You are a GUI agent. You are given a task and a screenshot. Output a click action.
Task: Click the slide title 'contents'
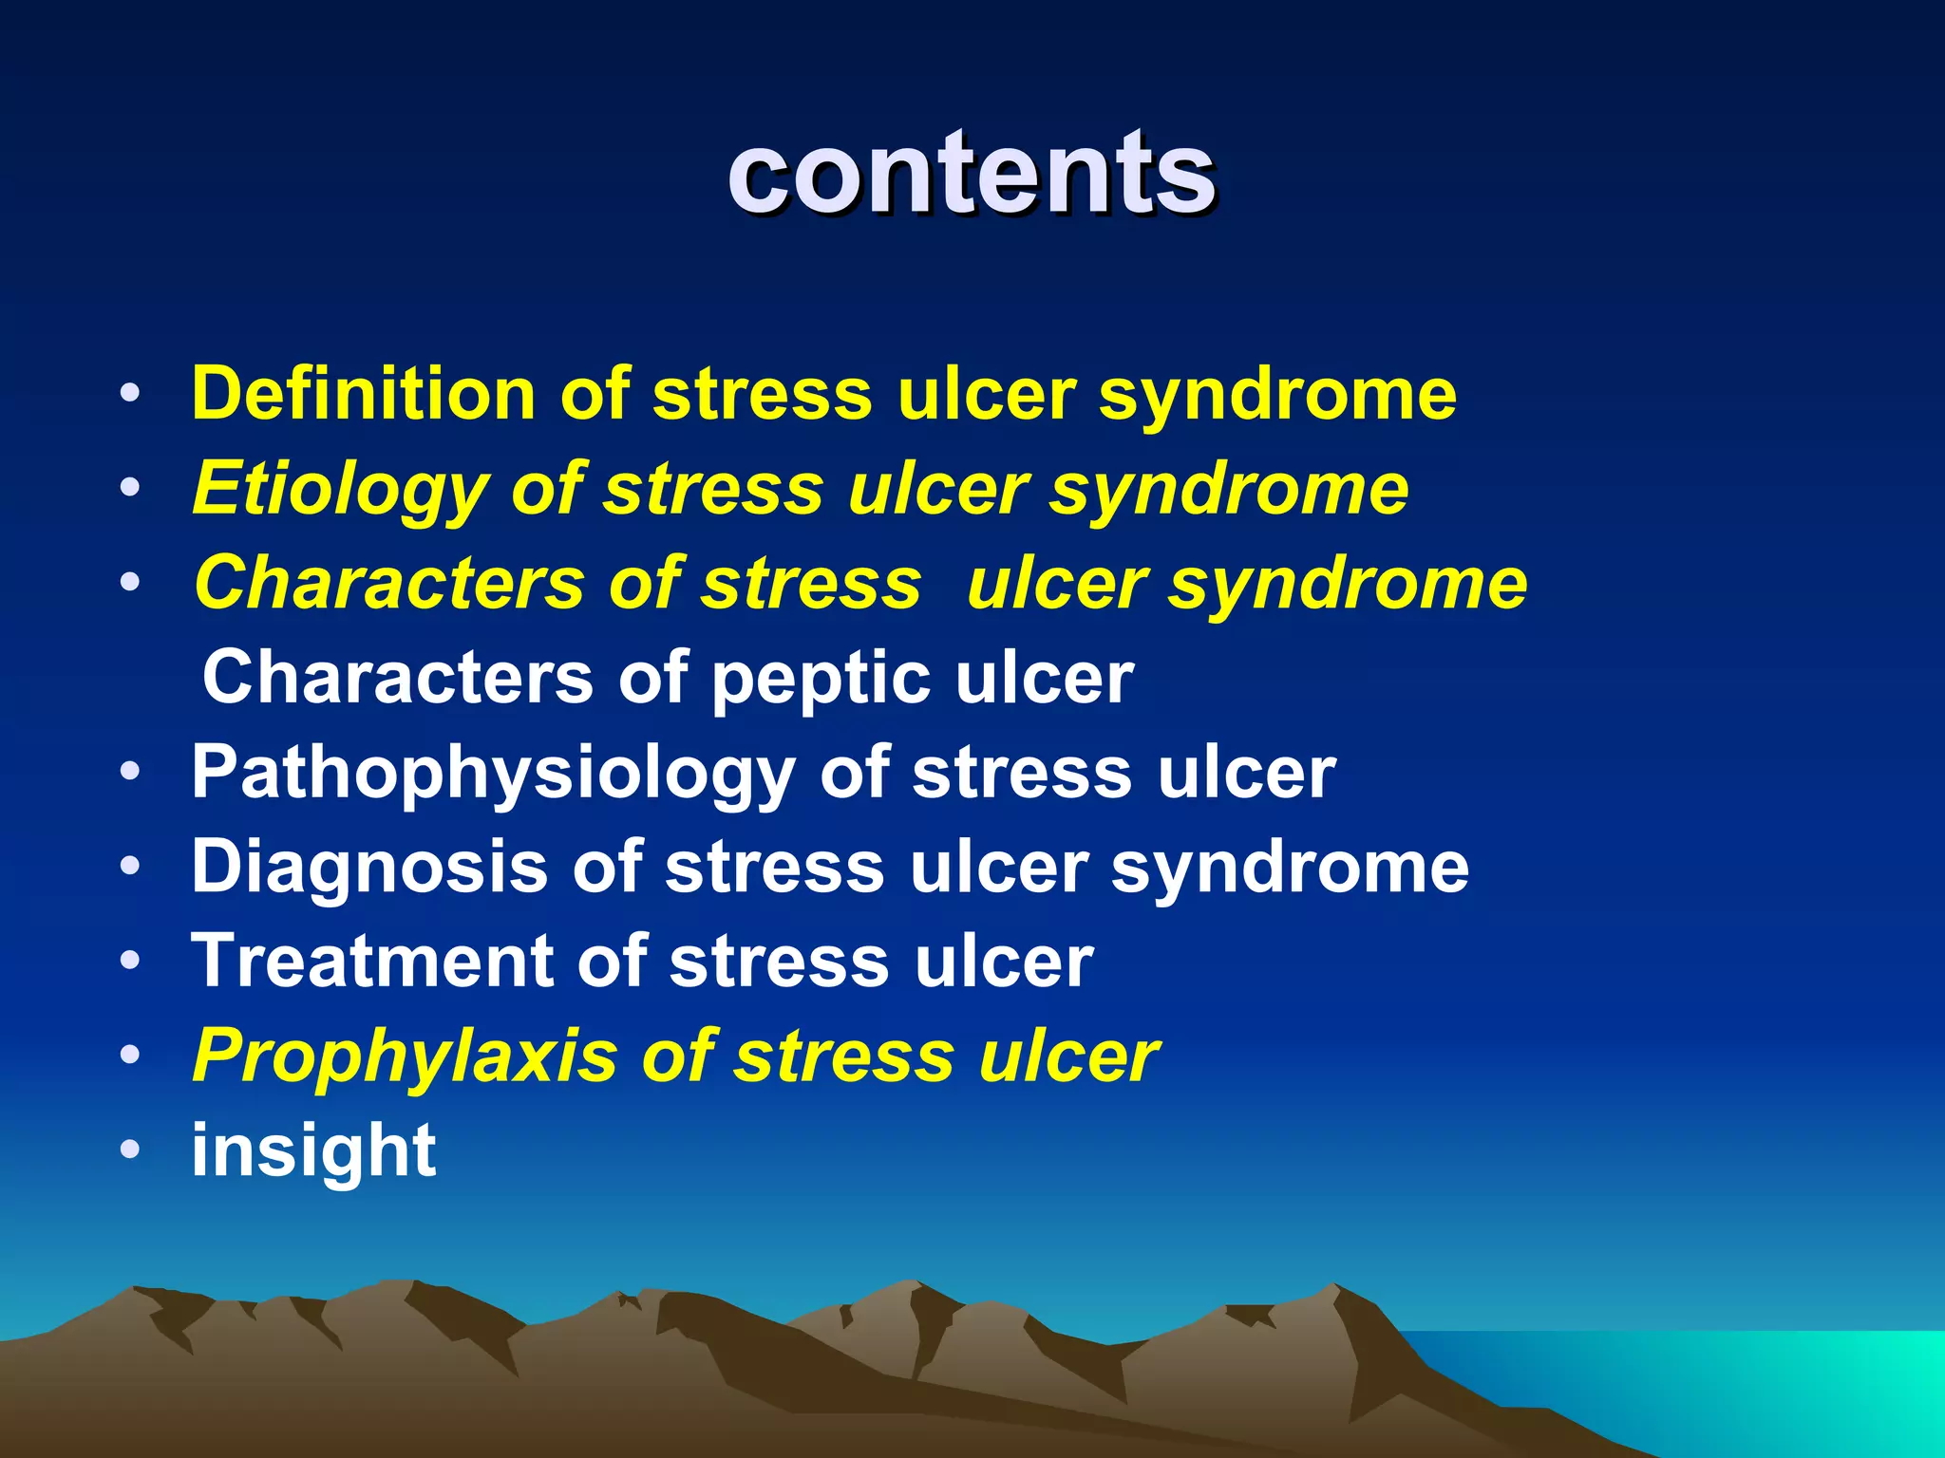(971, 174)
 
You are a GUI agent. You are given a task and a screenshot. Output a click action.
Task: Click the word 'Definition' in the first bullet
(363, 394)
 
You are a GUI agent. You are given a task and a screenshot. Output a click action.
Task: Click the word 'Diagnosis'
(370, 867)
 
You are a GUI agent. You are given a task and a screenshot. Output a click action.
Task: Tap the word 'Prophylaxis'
(404, 1056)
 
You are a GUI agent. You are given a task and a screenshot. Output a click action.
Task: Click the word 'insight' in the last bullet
(313, 1150)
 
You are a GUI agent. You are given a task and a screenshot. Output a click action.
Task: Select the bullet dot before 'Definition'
(130, 394)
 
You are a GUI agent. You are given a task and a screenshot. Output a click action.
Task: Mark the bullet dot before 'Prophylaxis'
(130, 1056)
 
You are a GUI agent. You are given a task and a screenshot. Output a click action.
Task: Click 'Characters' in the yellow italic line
(389, 583)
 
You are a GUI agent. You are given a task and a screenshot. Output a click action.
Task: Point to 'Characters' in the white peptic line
(397, 678)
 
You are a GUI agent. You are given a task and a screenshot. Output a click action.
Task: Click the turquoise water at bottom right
(1804, 1386)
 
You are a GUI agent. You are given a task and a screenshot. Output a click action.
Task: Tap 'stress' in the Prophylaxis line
(843, 1056)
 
